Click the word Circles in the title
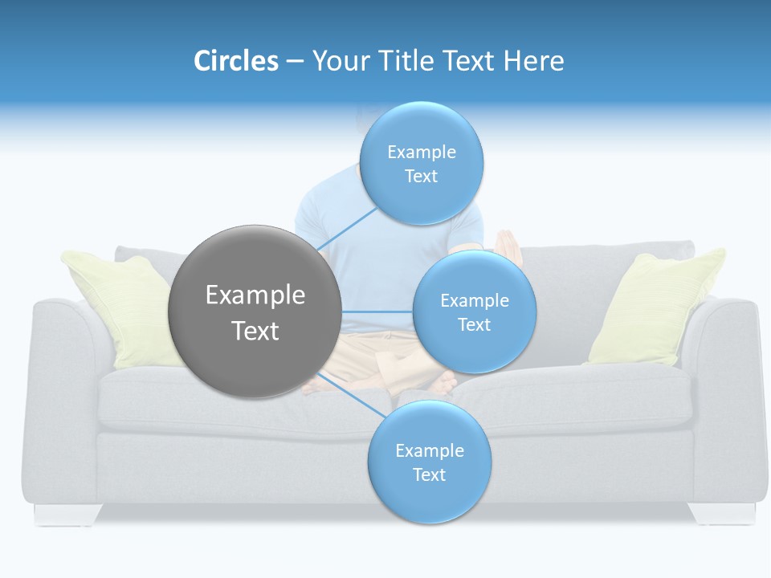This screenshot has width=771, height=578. coord(235,61)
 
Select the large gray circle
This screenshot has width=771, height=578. coord(255,311)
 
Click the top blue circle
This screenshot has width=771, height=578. coord(421,163)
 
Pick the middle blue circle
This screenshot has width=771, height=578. coord(474,311)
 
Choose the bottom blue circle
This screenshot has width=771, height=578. coord(429,462)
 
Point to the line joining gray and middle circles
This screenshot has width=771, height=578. coord(377,311)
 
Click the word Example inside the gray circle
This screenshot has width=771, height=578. coord(255,295)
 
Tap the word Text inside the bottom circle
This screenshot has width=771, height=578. coord(429,474)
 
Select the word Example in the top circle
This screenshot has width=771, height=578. coord(421,152)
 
